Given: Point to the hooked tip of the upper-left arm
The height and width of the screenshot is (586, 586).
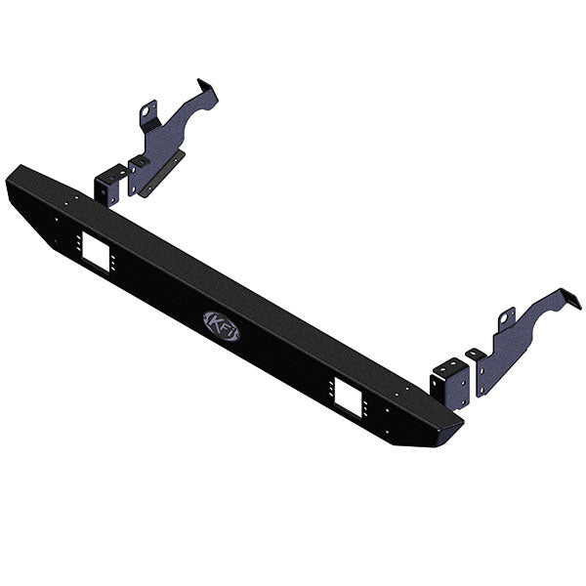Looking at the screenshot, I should (207, 88).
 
